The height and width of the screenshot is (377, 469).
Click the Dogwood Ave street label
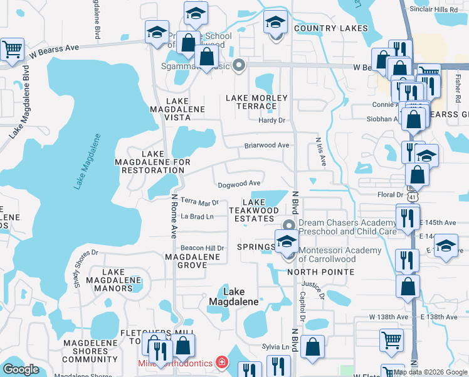click(239, 184)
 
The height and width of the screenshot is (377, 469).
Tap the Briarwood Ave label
click(266, 145)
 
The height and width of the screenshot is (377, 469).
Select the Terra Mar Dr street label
click(199, 202)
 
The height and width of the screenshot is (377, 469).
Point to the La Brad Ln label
click(197, 216)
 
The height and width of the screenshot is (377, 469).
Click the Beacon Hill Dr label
click(203, 248)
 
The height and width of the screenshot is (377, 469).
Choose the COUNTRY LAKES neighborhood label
click(324, 28)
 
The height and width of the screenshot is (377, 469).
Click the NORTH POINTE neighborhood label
click(320, 272)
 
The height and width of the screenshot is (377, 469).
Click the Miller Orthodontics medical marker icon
click(221, 363)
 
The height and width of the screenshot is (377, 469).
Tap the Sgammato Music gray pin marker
click(238, 65)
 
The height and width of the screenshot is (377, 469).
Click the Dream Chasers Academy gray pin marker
click(289, 225)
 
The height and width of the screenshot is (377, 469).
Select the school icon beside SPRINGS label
click(286, 240)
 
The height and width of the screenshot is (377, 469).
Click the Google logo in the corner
click(21, 369)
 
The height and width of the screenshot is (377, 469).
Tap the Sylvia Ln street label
click(280, 346)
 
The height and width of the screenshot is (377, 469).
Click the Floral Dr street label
click(390, 195)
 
